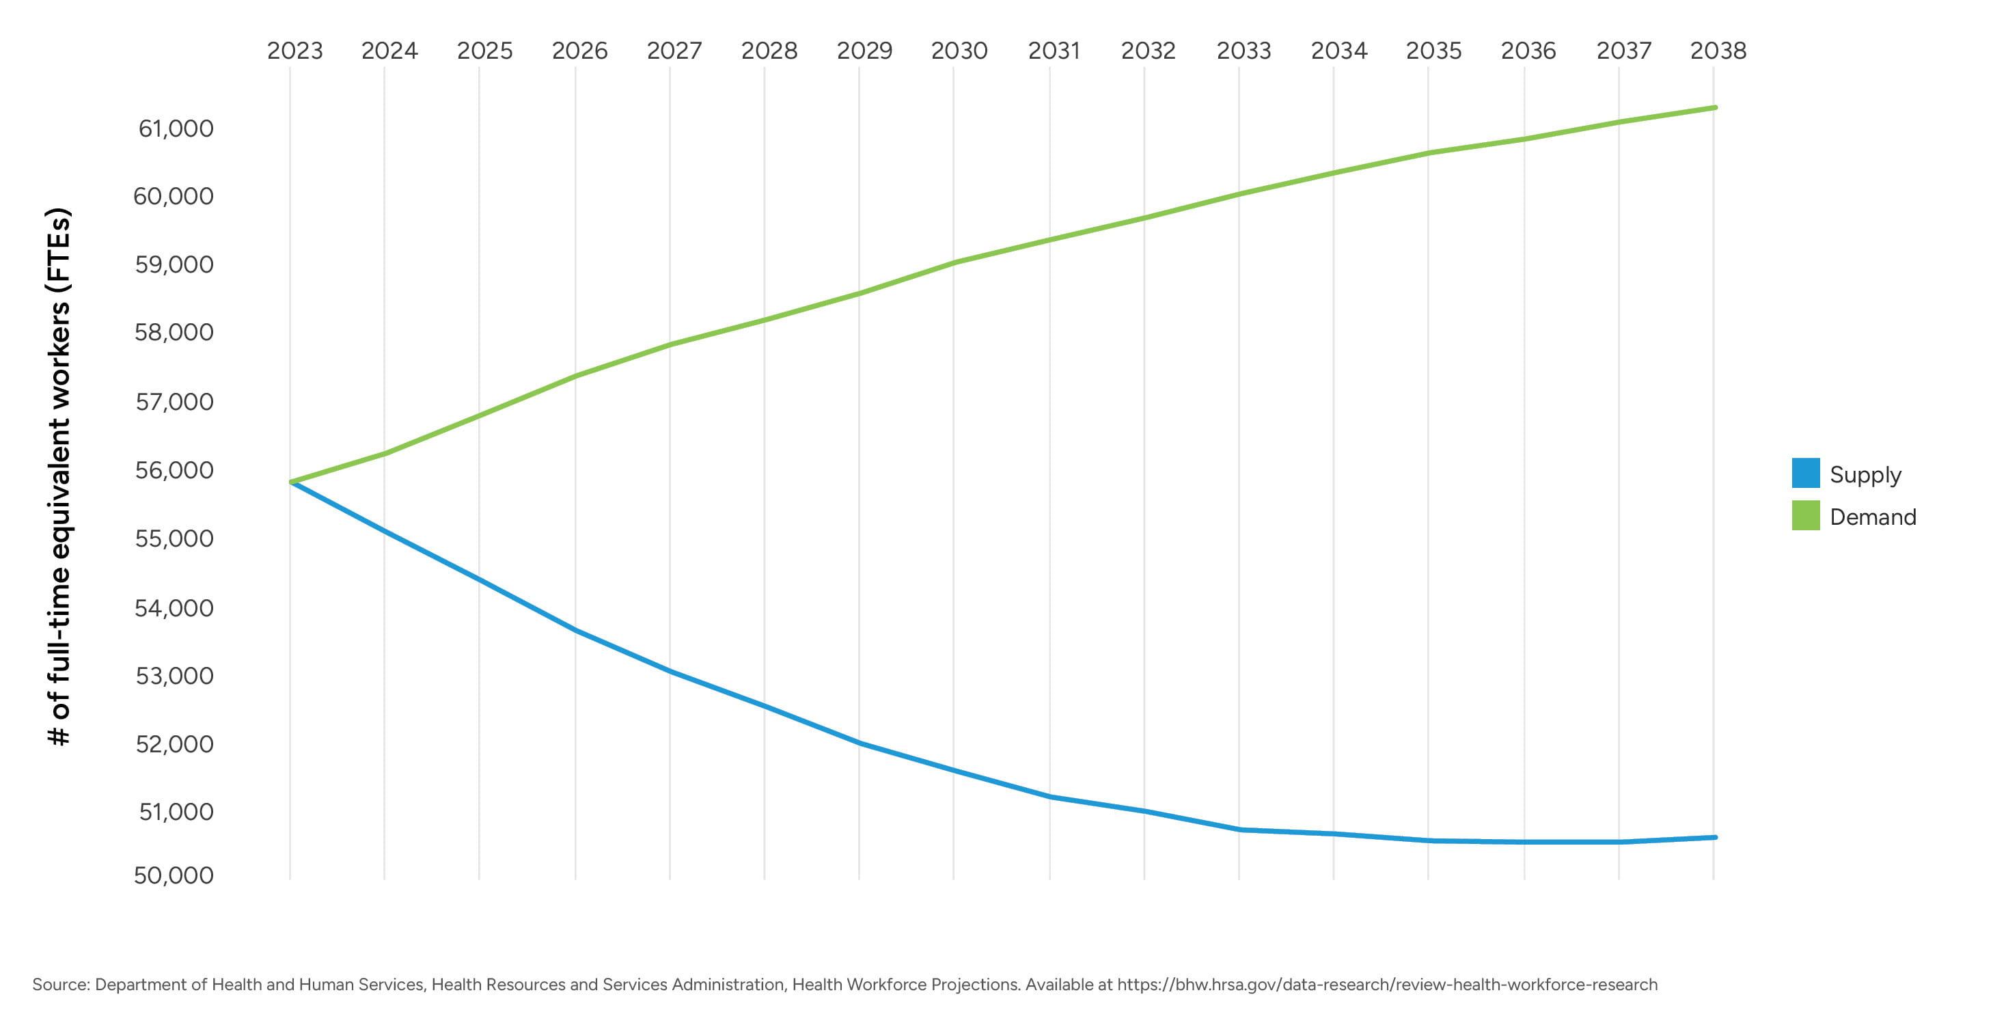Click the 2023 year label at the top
294,51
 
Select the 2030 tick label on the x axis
959,51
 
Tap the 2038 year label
1718,51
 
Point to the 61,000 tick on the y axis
176,128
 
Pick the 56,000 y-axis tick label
174,470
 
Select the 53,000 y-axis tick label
174,676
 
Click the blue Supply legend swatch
1805,474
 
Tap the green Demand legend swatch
1805,516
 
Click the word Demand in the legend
1872,517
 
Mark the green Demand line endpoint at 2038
1714,107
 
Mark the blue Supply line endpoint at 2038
1714,837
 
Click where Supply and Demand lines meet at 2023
292,482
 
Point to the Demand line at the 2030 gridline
954,262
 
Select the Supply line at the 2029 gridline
859,743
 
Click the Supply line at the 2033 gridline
1239,830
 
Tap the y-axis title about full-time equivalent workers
59,476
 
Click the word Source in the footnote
60,985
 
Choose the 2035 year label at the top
1433,51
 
